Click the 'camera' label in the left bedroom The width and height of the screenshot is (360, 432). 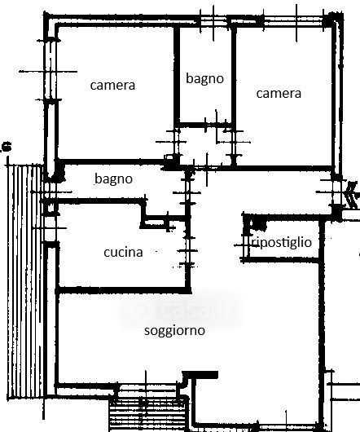coord(112,85)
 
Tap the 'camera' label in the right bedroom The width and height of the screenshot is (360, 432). coord(279,94)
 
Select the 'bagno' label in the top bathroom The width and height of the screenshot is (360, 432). coord(204,79)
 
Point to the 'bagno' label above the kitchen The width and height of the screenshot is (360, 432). coord(113,179)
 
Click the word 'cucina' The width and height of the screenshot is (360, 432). coord(123,252)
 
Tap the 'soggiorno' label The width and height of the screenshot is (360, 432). coord(174,331)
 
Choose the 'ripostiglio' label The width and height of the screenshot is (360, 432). coord(281,242)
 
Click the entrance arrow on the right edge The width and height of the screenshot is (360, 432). coord(352,194)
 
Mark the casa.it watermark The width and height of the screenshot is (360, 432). coord(180,309)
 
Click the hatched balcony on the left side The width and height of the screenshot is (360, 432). coord(25,281)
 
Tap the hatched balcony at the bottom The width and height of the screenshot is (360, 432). coord(148,414)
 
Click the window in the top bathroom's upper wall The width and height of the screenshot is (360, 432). coord(214,21)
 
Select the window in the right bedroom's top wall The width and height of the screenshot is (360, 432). coord(293,21)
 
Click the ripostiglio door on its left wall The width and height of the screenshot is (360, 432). coord(245,245)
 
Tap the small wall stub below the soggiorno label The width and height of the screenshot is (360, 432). coord(200,375)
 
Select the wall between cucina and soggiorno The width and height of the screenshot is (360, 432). coord(123,290)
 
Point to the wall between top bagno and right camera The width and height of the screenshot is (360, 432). coord(234,75)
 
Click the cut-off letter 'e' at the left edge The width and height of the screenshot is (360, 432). coord(7,146)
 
